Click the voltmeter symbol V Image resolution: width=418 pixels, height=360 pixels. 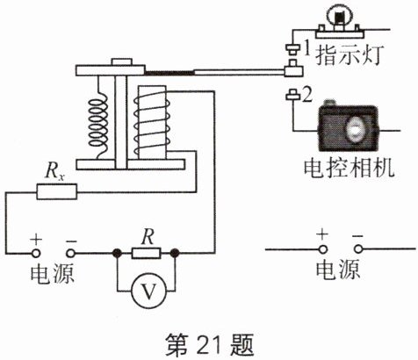tap(149, 291)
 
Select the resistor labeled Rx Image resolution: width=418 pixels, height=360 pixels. tap(57, 191)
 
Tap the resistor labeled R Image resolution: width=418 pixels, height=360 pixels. tap(147, 253)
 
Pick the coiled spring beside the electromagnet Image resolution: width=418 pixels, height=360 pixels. tap(98, 117)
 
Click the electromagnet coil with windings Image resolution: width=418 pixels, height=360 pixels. tap(152, 122)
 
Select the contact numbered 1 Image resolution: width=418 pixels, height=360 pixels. tap(292, 49)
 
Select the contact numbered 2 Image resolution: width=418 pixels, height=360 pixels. tap(292, 95)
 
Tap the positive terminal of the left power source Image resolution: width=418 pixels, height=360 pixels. tap(36, 253)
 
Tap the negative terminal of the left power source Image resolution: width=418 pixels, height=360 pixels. tap(70, 253)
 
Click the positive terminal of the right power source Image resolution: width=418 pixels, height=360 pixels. tap(323, 249)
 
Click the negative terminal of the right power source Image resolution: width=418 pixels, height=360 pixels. tap(358, 249)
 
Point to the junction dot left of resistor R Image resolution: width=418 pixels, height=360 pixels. tap(118, 253)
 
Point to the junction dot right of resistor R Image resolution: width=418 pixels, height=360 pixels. tap(175, 253)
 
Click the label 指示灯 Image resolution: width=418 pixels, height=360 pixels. tap(349, 54)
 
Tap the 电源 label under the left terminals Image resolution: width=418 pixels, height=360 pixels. tap(52, 274)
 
